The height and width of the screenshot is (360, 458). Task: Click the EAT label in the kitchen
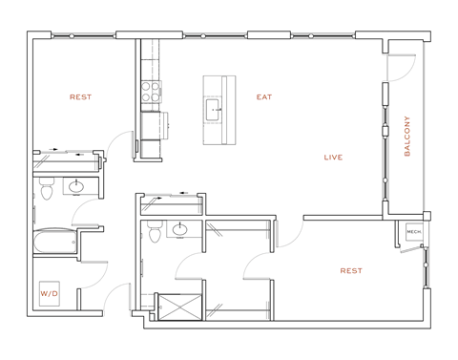tap(264, 96)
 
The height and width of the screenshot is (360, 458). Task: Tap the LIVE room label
tap(333, 158)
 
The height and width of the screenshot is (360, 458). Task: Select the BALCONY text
tap(407, 136)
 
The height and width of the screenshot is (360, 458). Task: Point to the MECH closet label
tap(413, 232)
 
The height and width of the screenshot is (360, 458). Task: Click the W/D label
tap(49, 294)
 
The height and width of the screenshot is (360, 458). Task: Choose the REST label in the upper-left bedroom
tap(80, 96)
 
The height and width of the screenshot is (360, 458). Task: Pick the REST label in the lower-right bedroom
tap(351, 270)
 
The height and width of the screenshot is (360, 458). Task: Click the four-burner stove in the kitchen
tap(151, 91)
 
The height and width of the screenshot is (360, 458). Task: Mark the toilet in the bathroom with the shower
tap(153, 231)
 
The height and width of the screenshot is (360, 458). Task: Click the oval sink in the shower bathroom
tap(178, 228)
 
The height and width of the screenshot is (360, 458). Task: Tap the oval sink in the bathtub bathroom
tap(78, 186)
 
